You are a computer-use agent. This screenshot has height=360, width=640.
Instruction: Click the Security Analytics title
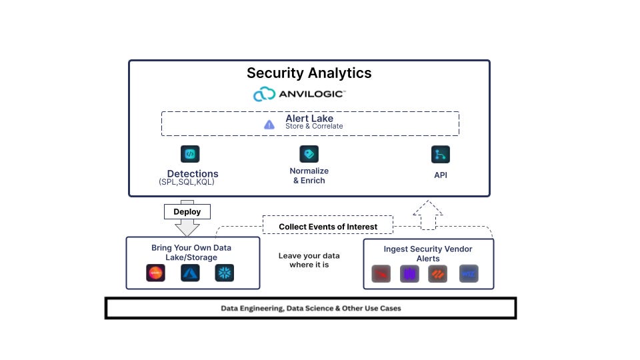(x=309, y=73)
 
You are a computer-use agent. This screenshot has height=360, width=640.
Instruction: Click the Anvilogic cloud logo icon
(x=265, y=95)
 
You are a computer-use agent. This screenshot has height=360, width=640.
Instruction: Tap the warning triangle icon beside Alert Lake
(x=269, y=124)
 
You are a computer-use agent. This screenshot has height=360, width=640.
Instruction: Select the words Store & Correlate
(x=314, y=126)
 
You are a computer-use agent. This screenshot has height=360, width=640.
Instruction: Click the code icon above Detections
(x=191, y=154)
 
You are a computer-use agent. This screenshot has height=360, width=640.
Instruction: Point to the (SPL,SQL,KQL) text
(x=187, y=182)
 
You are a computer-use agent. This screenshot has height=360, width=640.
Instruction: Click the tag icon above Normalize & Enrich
(x=309, y=154)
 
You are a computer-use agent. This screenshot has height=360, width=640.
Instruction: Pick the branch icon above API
(x=441, y=155)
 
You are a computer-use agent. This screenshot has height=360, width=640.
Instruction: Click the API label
(x=441, y=176)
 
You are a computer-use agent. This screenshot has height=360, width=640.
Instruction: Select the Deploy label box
(x=187, y=212)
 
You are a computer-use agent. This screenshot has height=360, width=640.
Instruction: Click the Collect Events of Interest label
(x=328, y=227)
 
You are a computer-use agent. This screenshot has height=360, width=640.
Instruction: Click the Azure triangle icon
(x=191, y=273)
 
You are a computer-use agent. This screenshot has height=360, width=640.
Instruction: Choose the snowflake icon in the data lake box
(x=225, y=273)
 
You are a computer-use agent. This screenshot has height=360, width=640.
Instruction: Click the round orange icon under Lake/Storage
(x=156, y=273)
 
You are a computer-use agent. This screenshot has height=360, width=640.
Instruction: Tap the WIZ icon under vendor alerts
(x=469, y=274)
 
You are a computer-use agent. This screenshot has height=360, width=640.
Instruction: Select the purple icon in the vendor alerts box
(x=409, y=274)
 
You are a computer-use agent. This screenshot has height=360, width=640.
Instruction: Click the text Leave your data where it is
(x=309, y=260)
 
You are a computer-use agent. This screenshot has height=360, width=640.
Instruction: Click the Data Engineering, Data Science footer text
(x=311, y=308)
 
